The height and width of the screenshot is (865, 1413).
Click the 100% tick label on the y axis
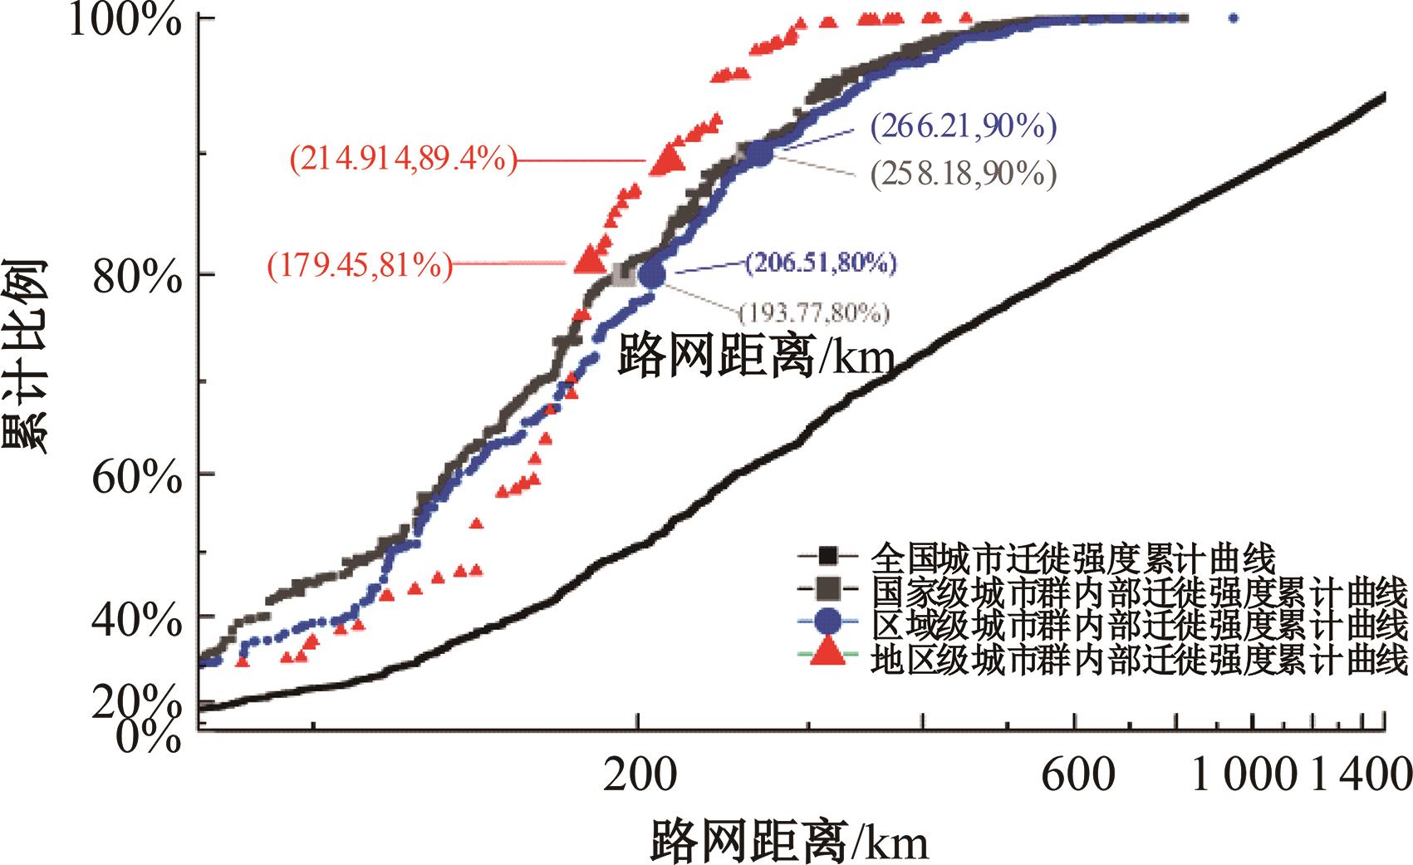coord(124,20)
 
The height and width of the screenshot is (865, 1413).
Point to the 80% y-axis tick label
coord(136,276)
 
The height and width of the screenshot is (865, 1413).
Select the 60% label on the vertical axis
coord(136,475)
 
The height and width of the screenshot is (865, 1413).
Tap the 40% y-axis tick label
coord(136,619)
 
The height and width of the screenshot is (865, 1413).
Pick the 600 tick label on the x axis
coord(1077,775)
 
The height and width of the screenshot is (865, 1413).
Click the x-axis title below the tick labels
coord(788,841)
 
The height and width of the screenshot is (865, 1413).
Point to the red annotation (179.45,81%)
coord(360,265)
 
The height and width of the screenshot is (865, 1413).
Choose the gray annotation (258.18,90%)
coord(964,174)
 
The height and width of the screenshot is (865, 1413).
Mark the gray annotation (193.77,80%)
coord(814,313)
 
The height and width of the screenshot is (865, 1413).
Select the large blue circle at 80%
coord(653,273)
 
